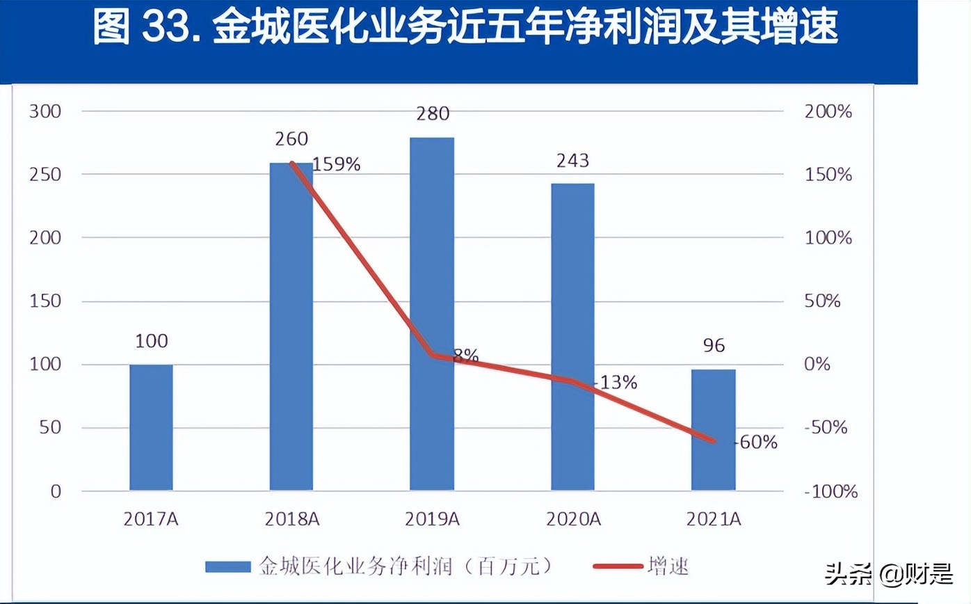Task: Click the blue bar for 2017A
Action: coord(151,427)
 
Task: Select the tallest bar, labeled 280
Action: coord(431,314)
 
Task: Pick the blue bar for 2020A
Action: coord(572,337)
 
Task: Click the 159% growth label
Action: coord(337,165)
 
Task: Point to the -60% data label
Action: coord(755,442)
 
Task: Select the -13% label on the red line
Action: coord(616,382)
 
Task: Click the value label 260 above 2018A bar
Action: coord(291,139)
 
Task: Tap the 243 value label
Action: coord(572,161)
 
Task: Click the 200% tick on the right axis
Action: coord(828,111)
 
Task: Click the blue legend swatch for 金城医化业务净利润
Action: coord(227,566)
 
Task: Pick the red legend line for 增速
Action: coord(618,566)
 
